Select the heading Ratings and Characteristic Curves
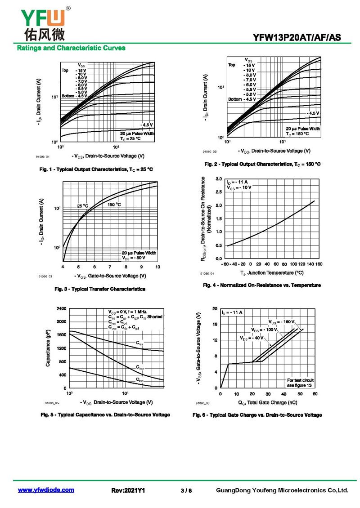click(71, 48)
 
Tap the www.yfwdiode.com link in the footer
click(46, 490)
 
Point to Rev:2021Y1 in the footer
click(128, 490)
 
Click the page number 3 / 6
click(186, 490)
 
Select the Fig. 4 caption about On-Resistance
click(261, 285)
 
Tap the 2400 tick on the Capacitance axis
click(62, 309)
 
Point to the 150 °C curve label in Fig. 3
click(114, 205)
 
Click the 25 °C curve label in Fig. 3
click(82, 206)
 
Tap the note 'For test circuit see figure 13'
click(300, 383)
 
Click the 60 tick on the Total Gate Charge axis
click(315, 394)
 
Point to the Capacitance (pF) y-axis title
click(48, 348)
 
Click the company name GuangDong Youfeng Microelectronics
click(283, 490)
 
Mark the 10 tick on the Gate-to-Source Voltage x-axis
click(157, 267)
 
